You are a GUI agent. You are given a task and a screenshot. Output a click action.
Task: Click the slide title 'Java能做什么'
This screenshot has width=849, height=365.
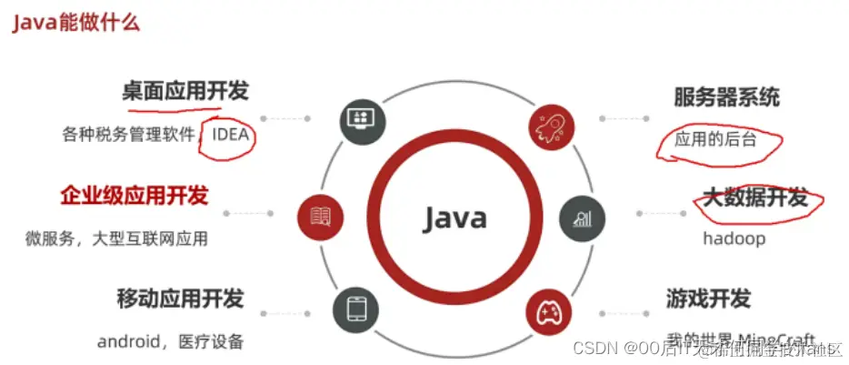75,23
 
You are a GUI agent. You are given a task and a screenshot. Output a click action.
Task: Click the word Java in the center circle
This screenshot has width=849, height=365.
454,218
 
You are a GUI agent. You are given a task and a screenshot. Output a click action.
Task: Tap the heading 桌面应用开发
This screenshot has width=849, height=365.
185,91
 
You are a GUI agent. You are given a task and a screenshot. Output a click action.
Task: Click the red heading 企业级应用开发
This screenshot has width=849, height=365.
135,195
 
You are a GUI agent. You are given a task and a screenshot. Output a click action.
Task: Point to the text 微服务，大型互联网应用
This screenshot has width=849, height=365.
116,239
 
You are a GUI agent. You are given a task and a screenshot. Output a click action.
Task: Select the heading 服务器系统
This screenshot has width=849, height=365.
726,97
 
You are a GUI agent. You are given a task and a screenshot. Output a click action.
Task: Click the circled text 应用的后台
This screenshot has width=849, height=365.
714,141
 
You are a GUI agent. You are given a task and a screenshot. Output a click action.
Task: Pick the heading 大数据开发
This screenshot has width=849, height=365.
755,197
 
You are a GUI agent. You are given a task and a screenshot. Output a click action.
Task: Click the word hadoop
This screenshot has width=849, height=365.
734,238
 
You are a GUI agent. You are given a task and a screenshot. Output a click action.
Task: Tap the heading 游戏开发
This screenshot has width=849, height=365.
708,299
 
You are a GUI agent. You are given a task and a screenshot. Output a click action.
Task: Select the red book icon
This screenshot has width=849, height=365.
319,216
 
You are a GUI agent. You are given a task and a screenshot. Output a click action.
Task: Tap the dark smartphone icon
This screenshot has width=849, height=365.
355,307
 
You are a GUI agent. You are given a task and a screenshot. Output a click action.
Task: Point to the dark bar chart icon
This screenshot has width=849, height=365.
582,218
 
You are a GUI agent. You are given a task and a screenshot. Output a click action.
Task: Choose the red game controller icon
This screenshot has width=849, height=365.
549,313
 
